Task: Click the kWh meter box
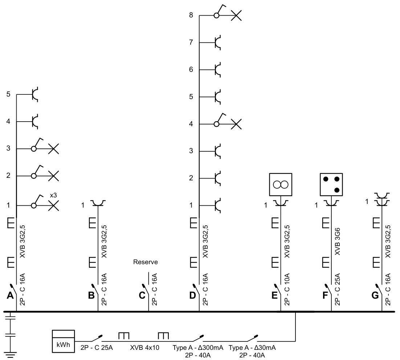point(63,341)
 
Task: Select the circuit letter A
point(10,295)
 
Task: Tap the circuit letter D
point(193,295)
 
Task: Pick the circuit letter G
point(375,295)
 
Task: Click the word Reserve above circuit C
point(146,262)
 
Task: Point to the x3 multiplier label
point(53,196)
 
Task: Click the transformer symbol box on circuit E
point(281,184)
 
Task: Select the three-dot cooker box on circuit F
point(331,184)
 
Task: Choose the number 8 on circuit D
point(191,15)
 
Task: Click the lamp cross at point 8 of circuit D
point(236,16)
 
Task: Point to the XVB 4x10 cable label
point(144,348)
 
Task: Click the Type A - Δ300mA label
point(198,348)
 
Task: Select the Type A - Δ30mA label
point(252,348)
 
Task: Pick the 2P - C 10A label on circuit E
point(287,289)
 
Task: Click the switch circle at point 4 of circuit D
point(216,124)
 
